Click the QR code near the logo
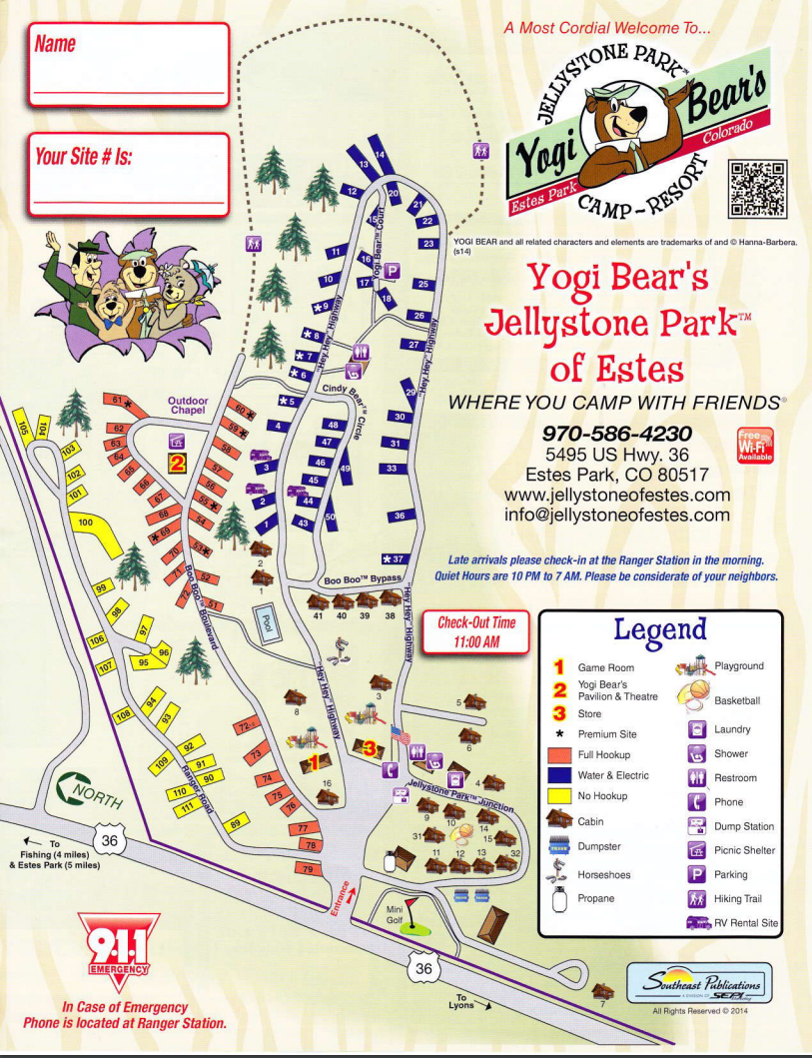point(758,188)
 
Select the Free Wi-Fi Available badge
point(754,447)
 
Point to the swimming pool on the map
point(265,623)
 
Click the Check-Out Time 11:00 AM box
point(475,631)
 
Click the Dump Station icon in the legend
point(698,826)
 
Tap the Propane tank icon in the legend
point(559,898)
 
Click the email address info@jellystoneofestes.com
point(616,516)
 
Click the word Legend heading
point(659,630)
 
